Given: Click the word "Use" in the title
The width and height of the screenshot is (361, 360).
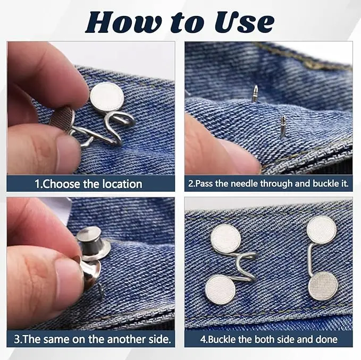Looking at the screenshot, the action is click(245, 22).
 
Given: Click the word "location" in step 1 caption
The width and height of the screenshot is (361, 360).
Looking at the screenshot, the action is click(122, 184).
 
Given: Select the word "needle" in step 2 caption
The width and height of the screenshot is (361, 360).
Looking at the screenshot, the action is click(245, 184).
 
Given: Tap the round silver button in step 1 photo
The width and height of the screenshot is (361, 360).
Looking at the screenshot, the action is click(107, 97).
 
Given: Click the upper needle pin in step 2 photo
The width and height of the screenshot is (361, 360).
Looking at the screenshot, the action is click(255, 93).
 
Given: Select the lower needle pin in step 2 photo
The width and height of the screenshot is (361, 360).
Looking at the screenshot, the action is click(283, 126).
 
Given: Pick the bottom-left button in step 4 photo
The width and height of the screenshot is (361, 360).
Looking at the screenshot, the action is click(221, 290).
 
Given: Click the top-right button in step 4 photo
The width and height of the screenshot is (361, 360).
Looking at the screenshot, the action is click(322, 230).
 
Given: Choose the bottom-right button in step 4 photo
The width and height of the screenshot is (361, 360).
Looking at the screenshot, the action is click(323, 286).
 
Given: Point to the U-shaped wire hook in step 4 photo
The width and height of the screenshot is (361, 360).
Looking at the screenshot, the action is click(244, 267).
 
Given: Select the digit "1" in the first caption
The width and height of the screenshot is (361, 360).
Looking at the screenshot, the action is click(38, 184).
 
